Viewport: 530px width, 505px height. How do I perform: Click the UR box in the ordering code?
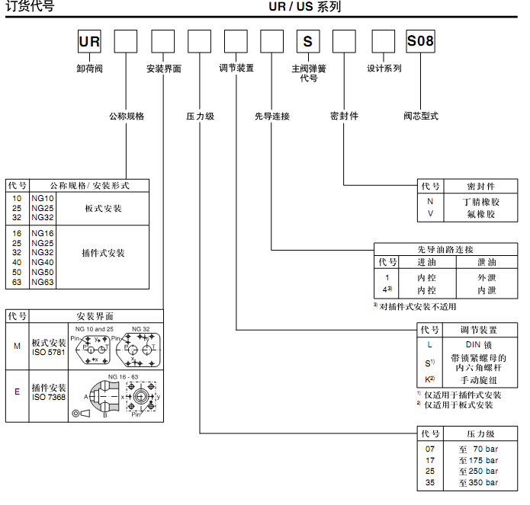(89, 41)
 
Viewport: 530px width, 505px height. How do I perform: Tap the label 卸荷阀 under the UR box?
(89, 68)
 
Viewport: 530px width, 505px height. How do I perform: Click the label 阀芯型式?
(421, 117)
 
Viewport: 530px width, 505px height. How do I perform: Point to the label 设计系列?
(384, 68)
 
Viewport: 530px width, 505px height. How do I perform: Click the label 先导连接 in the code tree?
(272, 117)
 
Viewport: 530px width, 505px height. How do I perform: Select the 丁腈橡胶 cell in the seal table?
(480, 202)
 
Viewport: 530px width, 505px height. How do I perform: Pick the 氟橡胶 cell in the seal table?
(480, 214)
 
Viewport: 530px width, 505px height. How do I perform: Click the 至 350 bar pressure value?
(478, 483)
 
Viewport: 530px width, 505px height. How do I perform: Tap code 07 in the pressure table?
(430, 449)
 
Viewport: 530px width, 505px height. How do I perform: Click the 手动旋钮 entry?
(479, 380)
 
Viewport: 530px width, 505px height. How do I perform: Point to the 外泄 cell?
(486, 278)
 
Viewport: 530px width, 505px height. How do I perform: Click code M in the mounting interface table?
(18, 346)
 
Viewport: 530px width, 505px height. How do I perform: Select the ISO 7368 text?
(49, 397)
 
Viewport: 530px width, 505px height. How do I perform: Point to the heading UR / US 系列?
(304, 8)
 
